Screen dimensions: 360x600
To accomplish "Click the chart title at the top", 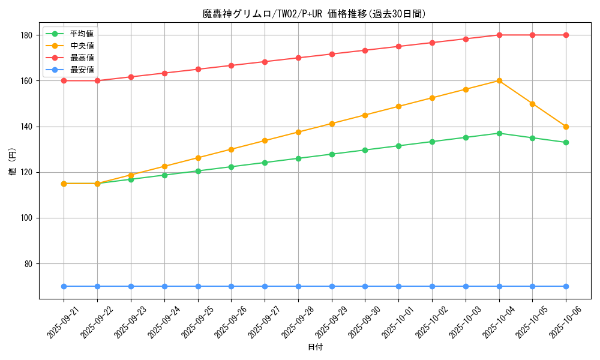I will click(x=314, y=14).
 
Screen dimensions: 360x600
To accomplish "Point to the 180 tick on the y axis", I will click(x=26, y=35).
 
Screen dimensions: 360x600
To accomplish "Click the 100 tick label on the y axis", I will click(x=26, y=218).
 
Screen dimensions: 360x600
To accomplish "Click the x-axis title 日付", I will click(x=315, y=347).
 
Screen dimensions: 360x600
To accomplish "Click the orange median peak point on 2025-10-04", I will click(x=499, y=80).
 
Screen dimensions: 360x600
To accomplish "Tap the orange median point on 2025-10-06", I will click(x=566, y=127).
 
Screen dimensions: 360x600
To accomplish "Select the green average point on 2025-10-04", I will click(x=499, y=133).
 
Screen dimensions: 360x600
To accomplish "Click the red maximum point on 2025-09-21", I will click(x=64, y=80).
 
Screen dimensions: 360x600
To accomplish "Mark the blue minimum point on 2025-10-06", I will click(x=566, y=286).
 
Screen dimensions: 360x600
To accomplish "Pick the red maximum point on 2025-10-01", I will click(x=398, y=46).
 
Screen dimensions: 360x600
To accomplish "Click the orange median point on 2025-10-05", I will click(x=532, y=104).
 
